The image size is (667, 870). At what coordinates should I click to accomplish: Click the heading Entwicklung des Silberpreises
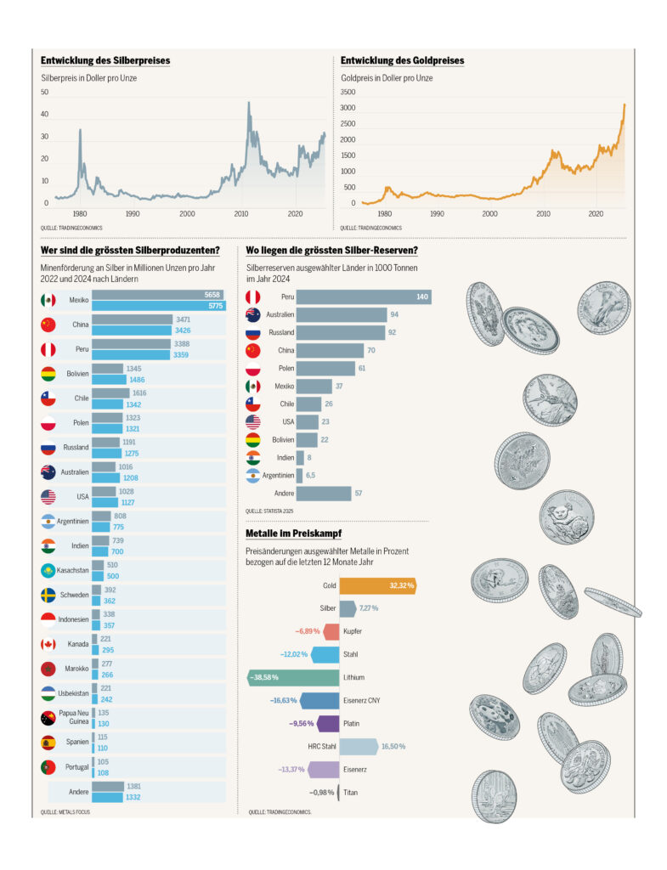pos(105,61)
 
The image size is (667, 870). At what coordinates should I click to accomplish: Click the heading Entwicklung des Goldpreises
pos(402,61)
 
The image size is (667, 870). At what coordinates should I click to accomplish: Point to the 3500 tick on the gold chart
pos(348,92)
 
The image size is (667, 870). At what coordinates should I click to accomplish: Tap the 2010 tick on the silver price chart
pos(241,214)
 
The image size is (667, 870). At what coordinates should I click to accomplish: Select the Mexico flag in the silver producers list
pos(48,300)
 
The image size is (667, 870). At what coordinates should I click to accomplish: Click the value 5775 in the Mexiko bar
pos(213,306)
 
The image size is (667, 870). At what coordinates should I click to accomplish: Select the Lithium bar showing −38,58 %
pos(293,677)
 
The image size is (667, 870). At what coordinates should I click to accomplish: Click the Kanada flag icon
pos(48,644)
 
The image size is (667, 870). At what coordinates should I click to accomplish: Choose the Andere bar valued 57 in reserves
pos(323,494)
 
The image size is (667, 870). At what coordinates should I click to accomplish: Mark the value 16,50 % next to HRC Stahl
pos(392,746)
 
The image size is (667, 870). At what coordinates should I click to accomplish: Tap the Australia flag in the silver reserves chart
pos(252,314)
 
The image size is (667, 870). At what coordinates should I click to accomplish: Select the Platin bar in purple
pos(328,724)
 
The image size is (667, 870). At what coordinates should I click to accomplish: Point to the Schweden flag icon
pos(48,595)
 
